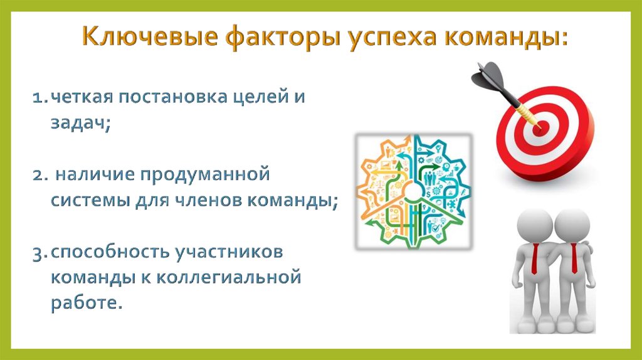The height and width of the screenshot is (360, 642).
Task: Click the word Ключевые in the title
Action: click(150, 36)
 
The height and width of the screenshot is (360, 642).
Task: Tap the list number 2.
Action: click(41, 175)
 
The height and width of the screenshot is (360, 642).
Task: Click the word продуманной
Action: click(205, 175)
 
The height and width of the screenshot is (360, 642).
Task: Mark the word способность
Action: click(110, 253)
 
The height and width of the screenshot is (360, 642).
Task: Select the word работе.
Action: click(87, 303)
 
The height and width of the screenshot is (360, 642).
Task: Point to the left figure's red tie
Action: click(535, 259)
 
